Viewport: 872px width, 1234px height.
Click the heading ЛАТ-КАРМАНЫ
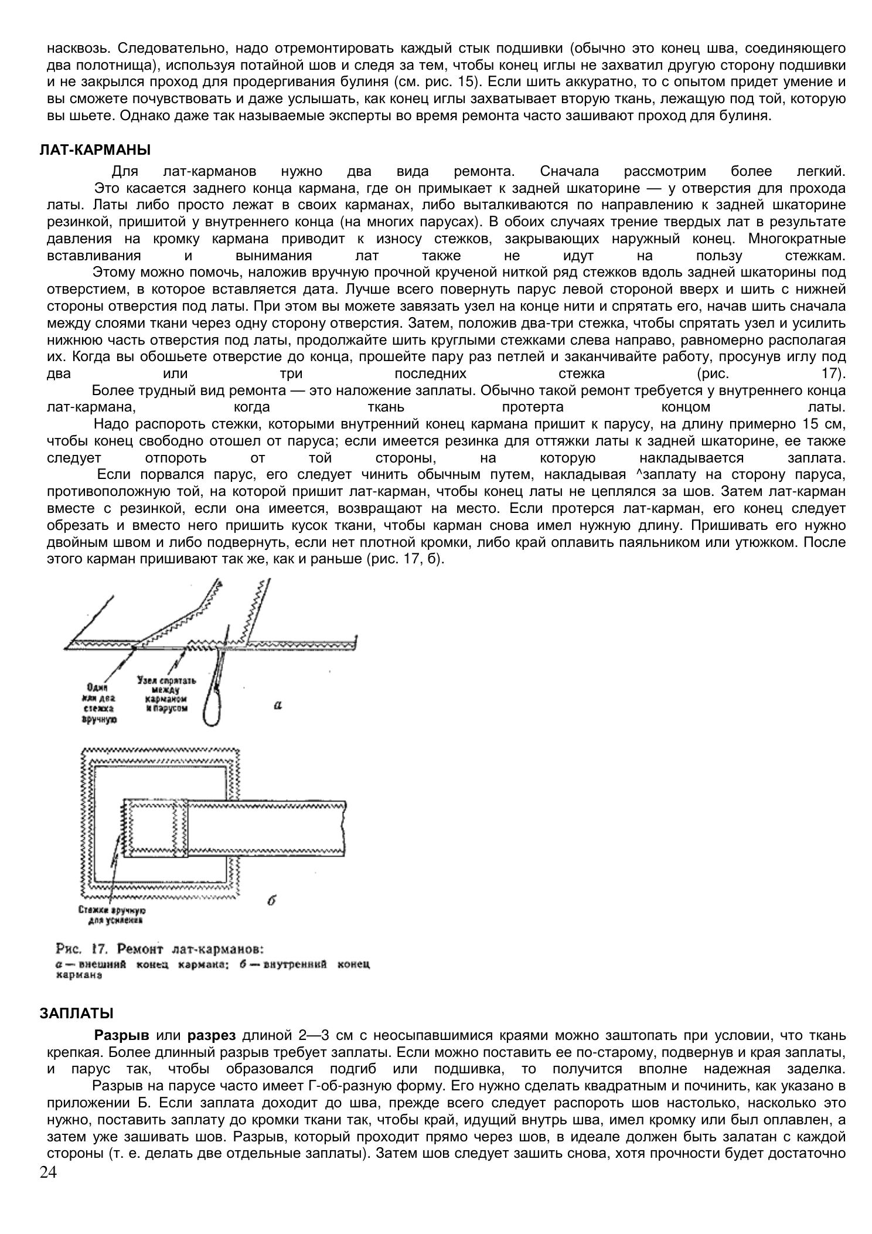pos(95,150)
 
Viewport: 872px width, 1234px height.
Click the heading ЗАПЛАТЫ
pos(77,1013)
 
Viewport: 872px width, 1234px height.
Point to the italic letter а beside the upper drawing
pos(278,705)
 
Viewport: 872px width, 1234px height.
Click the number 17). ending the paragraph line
pos(834,374)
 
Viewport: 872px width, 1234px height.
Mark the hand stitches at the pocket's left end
pos(124,828)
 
